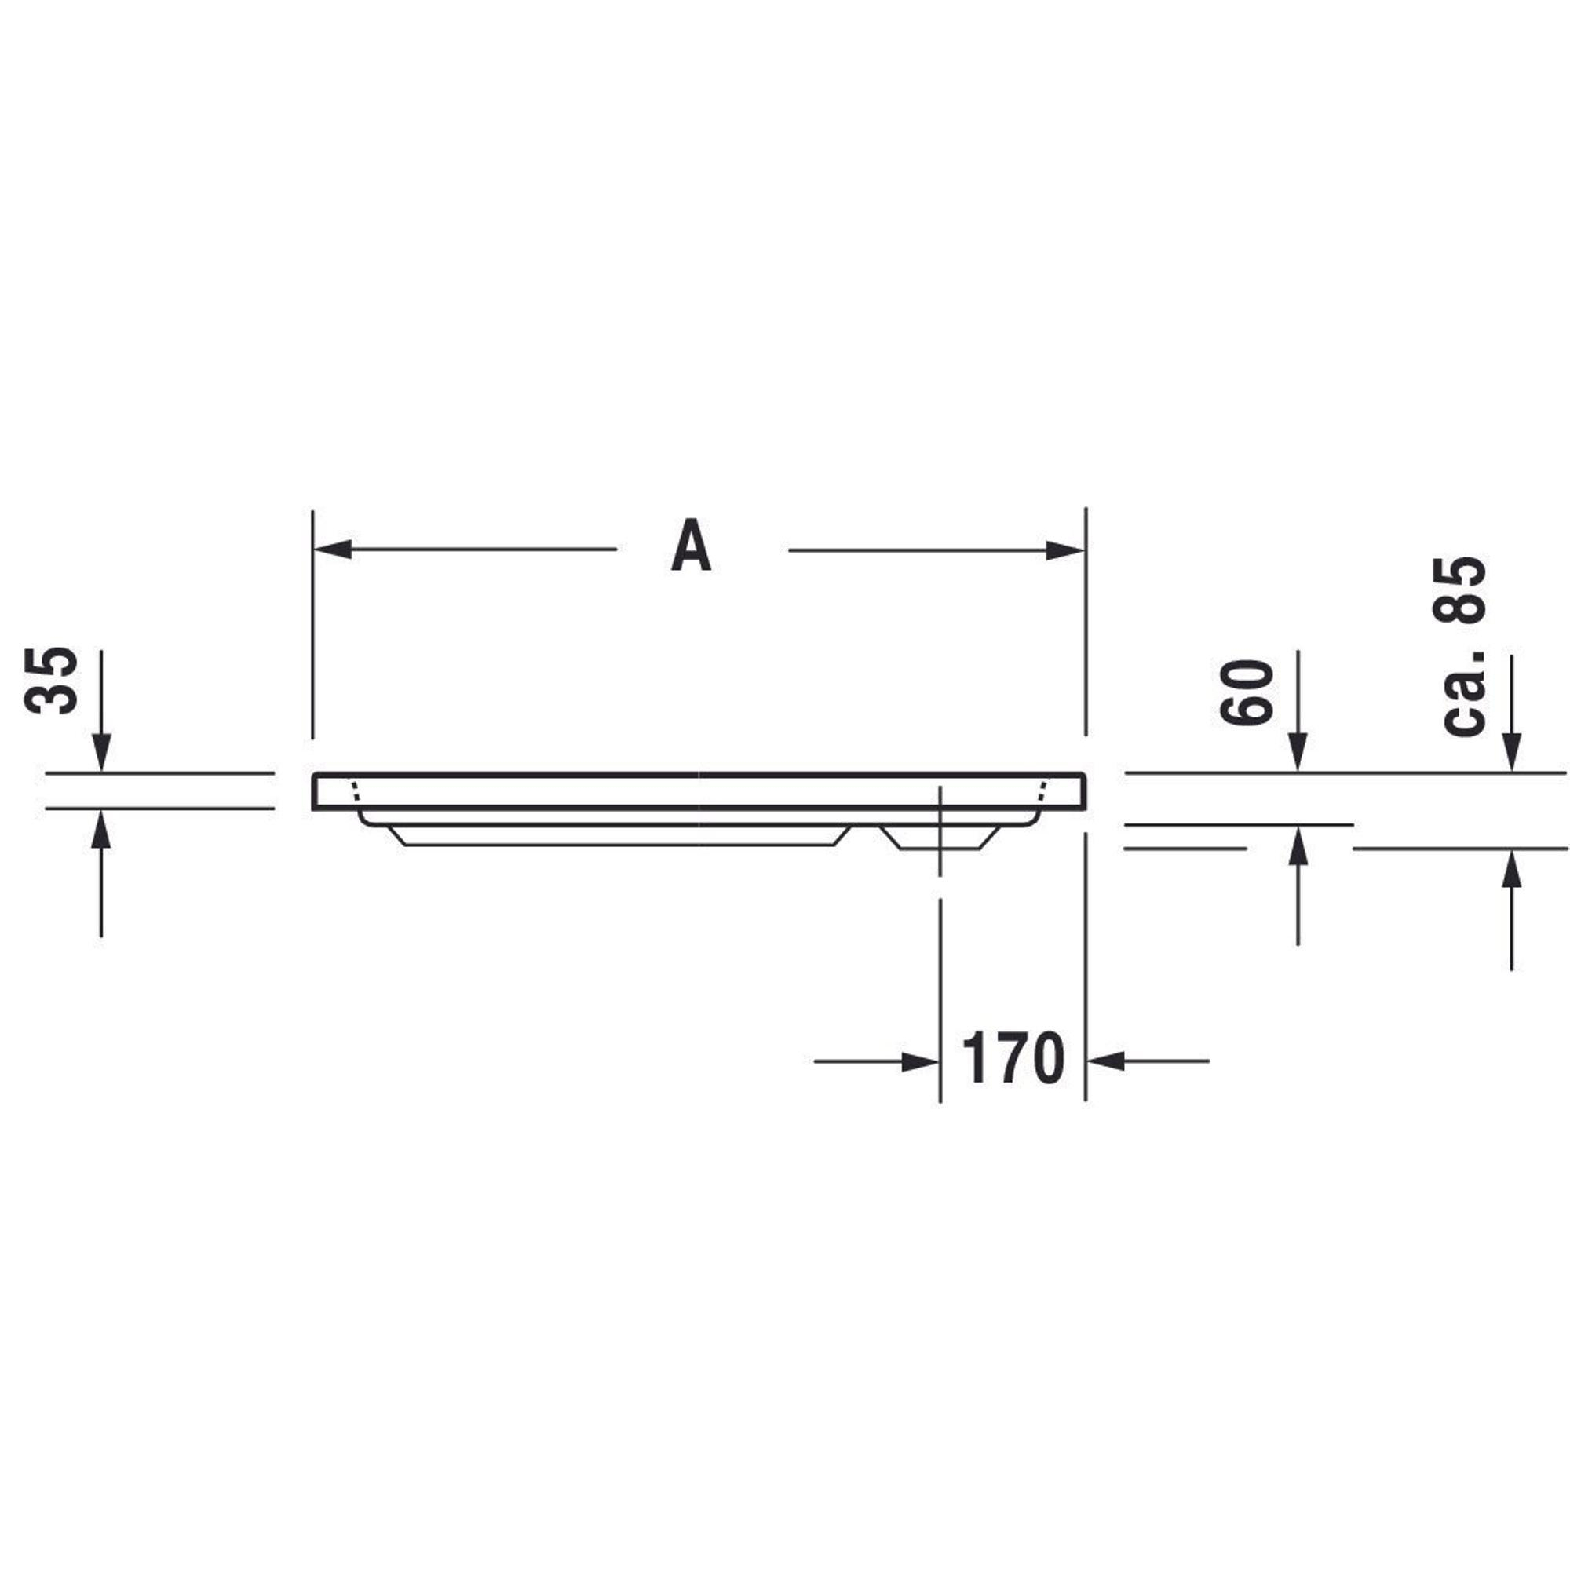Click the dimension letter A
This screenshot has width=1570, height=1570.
coord(692,546)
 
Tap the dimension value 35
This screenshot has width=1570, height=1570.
coord(52,681)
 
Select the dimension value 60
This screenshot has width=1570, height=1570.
coord(1246,692)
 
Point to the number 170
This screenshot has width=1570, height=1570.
coord(1013,1058)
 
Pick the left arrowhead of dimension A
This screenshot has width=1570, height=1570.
coord(332,549)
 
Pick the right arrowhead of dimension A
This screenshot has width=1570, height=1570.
coord(1065,550)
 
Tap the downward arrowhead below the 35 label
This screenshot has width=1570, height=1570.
coord(101,753)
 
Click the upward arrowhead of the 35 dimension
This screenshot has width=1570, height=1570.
coord(100,829)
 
